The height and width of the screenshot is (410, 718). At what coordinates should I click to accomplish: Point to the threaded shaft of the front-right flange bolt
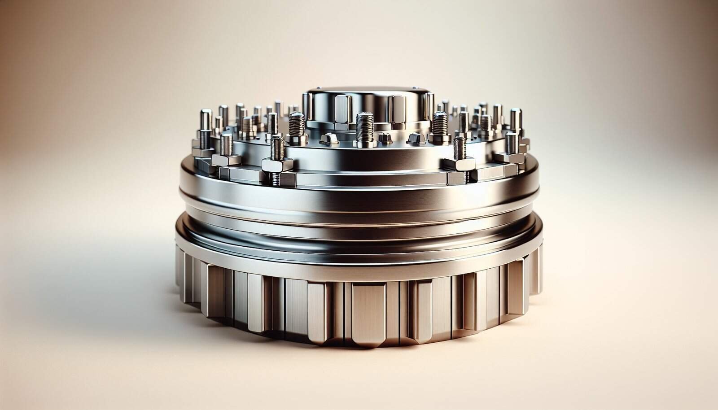pyautogui.click(x=458, y=148)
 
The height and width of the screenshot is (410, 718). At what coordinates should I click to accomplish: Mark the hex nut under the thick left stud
pyautogui.click(x=297, y=141)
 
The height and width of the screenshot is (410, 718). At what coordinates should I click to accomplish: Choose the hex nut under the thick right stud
pyautogui.click(x=439, y=140)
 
